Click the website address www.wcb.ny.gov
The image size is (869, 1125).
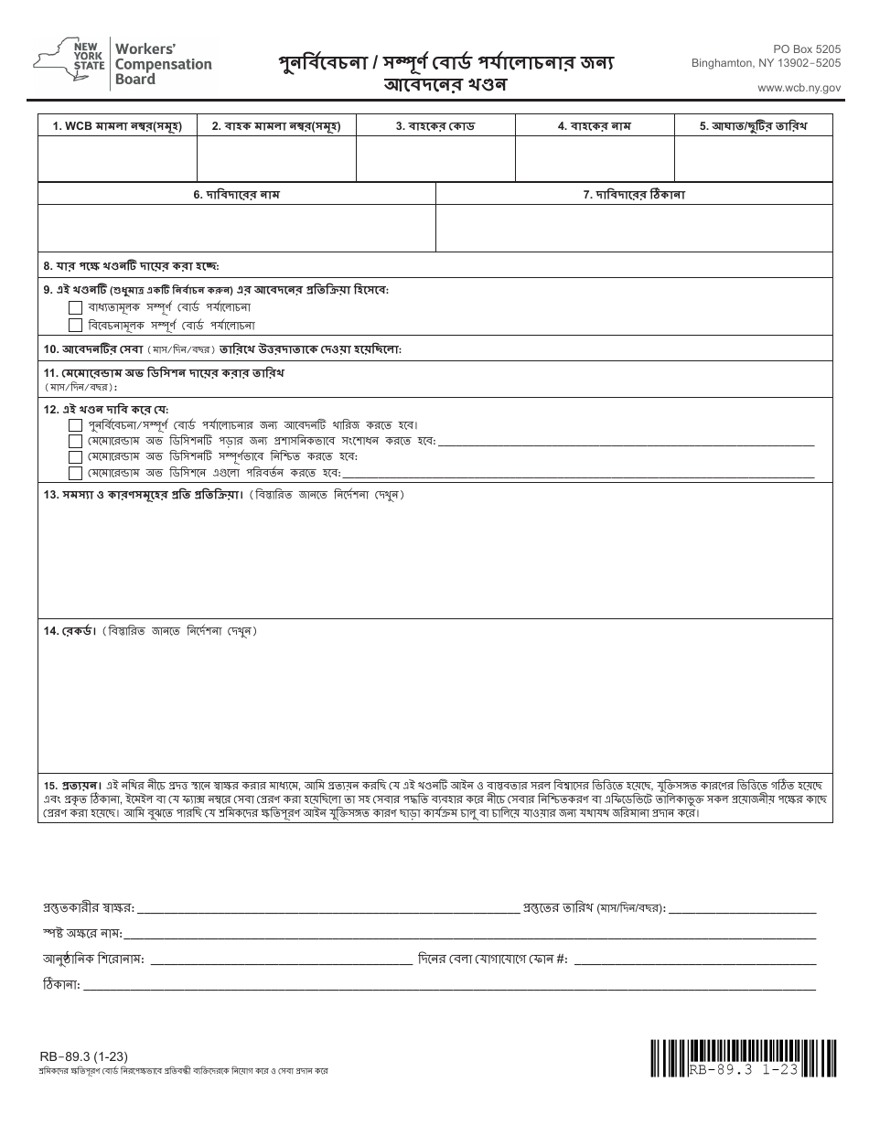799,87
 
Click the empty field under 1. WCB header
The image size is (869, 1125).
117,159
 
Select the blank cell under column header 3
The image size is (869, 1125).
435,159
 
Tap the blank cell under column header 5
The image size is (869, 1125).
753,159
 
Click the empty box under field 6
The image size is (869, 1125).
237,228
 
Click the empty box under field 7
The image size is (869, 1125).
634,228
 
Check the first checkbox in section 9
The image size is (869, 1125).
76,307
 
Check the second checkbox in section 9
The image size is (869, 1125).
76,325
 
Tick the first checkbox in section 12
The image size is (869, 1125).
76,425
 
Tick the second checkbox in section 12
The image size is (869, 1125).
76,441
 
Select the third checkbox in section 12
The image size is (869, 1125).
76,456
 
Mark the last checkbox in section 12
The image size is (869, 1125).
76,473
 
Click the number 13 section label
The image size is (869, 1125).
50,495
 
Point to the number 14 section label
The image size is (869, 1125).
50,631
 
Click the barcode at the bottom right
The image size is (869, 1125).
744,1058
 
